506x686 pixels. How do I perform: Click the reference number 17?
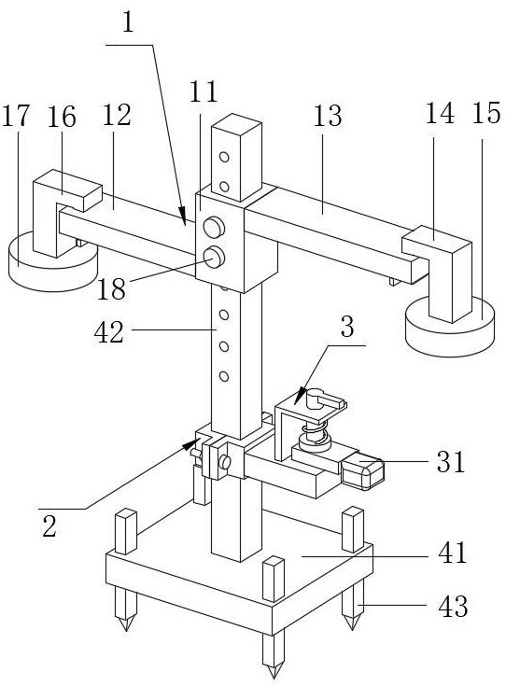click(x=16, y=117)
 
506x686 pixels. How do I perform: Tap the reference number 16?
click(x=62, y=117)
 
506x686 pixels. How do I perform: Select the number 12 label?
click(x=117, y=116)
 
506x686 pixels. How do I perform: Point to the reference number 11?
click(x=204, y=91)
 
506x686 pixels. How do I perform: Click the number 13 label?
click(x=328, y=116)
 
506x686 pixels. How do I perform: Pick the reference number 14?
click(x=440, y=113)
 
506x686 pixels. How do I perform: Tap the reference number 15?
click(x=485, y=113)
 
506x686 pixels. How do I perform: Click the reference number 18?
click(x=111, y=289)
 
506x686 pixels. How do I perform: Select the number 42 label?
click(x=109, y=332)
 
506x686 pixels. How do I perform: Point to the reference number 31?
click(x=450, y=461)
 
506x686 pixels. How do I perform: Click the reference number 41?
click(x=452, y=553)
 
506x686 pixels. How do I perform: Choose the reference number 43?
click(x=453, y=607)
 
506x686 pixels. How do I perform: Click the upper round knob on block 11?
click(x=214, y=228)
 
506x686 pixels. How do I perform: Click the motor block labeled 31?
click(x=362, y=471)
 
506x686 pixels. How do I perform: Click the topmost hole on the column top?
click(x=224, y=157)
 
